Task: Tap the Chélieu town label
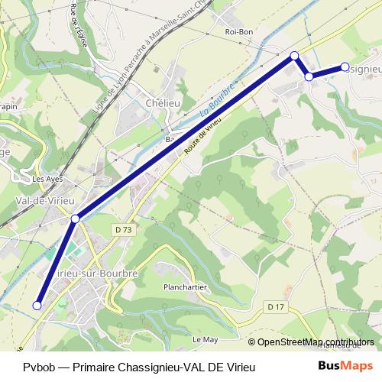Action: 163,104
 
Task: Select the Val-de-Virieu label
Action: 44,200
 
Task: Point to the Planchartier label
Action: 182,287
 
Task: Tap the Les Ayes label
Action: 47,180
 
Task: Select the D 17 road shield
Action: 276,306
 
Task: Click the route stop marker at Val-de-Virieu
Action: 75,219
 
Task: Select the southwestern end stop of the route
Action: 37,306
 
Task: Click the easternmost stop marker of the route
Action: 345,67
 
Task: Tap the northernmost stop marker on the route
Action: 294,55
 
